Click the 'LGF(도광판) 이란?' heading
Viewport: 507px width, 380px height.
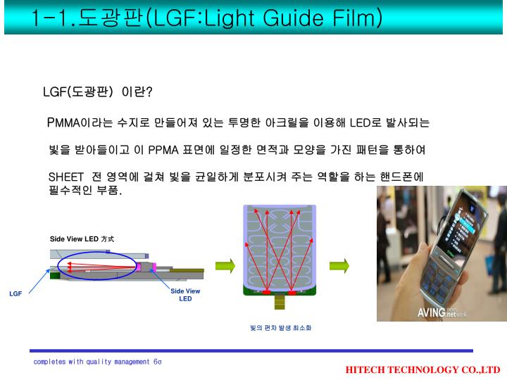(97, 92)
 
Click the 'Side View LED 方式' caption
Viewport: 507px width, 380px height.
(82, 239)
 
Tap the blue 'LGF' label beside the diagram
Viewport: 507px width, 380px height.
(15, 293)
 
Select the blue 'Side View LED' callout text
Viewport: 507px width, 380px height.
(185, 295)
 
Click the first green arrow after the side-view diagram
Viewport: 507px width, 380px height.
(225, 266)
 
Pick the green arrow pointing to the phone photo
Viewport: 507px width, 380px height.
(339, 266)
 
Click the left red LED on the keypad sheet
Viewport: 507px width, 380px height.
(267, 291)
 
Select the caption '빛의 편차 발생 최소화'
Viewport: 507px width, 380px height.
(280, 328)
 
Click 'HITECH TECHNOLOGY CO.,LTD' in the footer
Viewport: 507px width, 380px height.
(423, 369)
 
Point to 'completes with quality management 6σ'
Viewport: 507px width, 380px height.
(97, 362)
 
